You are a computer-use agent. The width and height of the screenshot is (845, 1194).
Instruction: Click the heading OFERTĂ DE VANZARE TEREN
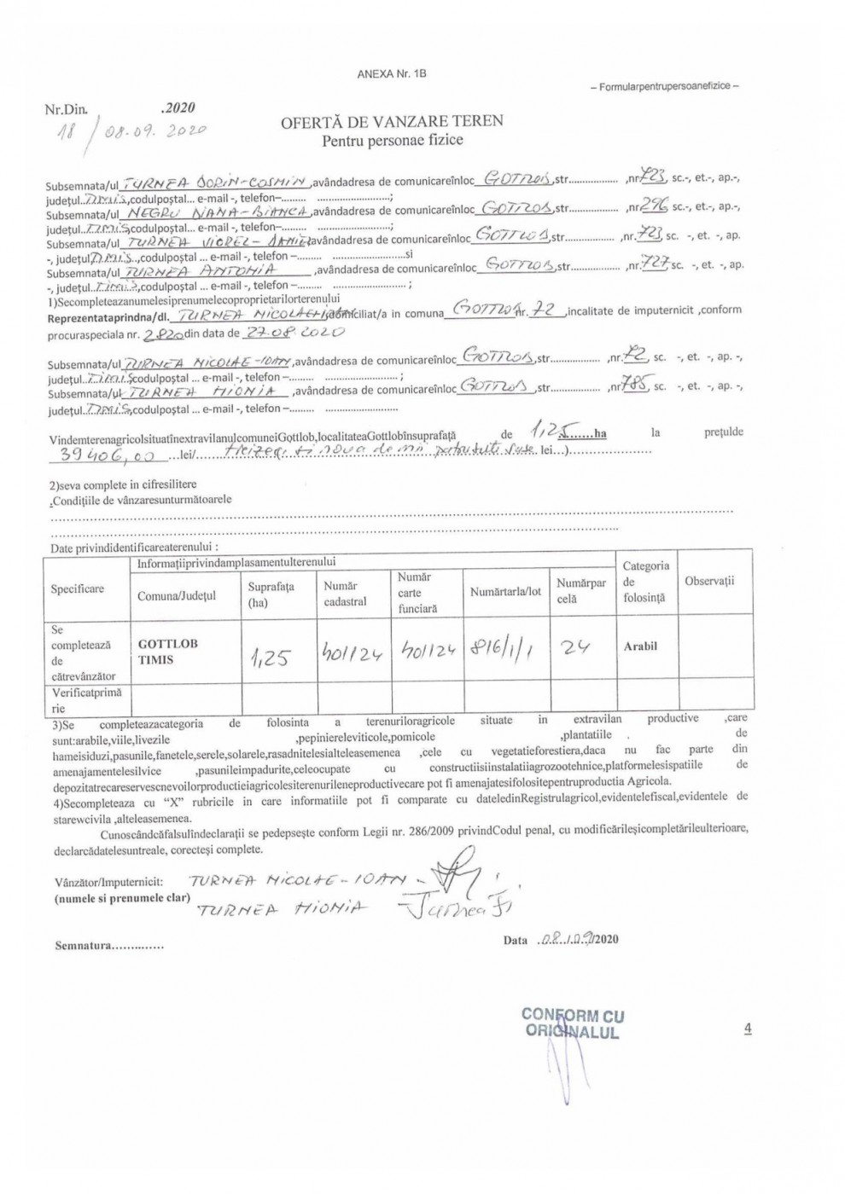tap(392, 121)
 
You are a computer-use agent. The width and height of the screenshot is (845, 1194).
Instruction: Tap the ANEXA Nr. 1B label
tap(392, 74)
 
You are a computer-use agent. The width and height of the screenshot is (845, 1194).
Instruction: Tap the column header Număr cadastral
tap(345, 594)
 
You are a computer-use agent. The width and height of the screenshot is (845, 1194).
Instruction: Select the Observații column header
tap(709, 582)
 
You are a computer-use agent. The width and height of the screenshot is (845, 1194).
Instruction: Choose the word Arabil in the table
tap(640, 646)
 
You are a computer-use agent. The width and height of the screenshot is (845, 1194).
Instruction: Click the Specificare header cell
tap(78, 589)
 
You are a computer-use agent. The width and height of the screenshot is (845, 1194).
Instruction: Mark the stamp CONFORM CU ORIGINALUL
tap(572, 1023)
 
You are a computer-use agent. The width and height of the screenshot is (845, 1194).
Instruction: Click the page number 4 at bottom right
tap(748, 1029)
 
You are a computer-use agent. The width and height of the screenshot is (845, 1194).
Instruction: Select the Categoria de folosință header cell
tap(645, 582)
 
